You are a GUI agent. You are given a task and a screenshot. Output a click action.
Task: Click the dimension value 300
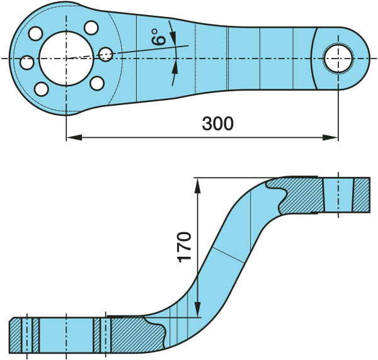(217, 123)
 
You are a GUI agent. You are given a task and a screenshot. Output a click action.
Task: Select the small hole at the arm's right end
(338, 59)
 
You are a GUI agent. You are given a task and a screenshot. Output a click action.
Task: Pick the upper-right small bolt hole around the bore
(91, 28)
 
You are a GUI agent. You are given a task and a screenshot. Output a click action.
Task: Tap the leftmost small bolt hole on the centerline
(27, 63)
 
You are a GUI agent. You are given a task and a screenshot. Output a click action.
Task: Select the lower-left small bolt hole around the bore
(42, 89)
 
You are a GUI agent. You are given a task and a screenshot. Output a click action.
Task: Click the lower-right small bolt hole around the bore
(97, 83)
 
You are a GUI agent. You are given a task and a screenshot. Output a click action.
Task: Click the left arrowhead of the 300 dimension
(71, 136)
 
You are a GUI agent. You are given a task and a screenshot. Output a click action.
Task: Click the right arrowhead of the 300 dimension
(333, 136)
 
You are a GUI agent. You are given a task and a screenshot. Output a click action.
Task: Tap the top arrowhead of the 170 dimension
(198, 182)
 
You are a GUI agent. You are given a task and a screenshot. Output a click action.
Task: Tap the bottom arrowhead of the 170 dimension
(198, 312)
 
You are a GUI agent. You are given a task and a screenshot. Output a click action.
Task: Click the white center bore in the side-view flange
(66, 335)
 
